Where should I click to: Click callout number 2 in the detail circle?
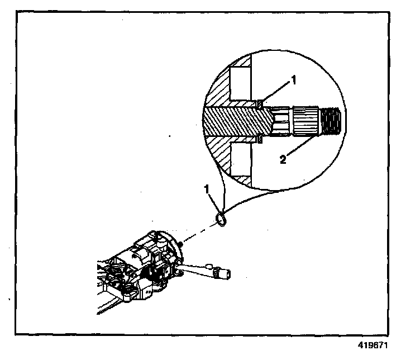coord(284,159)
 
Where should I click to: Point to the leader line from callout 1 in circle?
coord(277,92)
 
